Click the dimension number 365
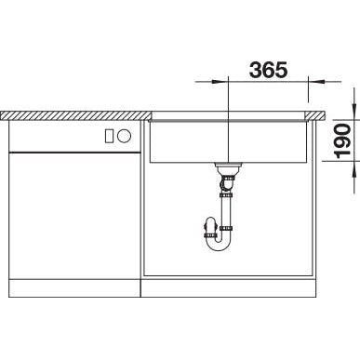coord(268,70)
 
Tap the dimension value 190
coord(342,140)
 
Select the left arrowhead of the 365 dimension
coord(220,82)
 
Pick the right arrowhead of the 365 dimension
coord(316,82)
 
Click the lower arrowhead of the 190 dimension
coord(354,169)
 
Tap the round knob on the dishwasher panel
coord(125,136)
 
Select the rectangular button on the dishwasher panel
coord(110,136)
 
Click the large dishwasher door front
coord(74,216)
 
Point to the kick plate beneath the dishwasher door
coord(74,288)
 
